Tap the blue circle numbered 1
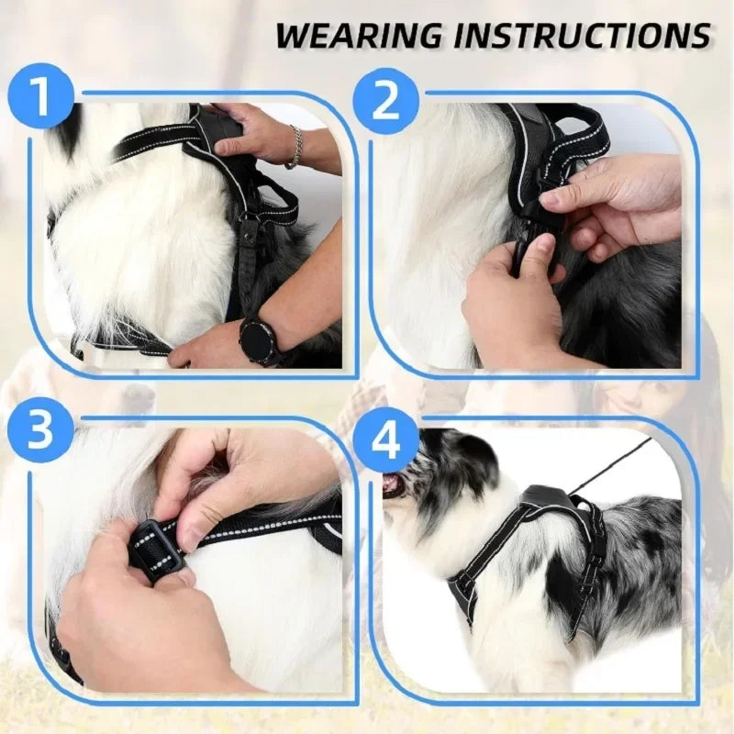coord(40,97)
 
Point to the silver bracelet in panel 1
coord(295,147)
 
